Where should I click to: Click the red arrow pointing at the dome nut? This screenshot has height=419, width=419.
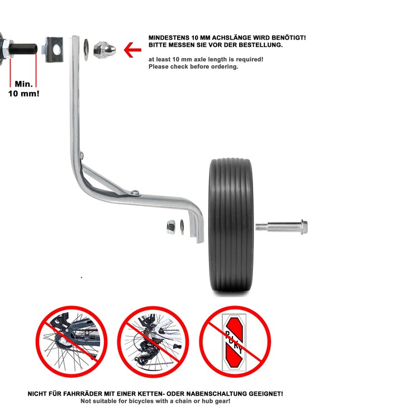pyautogui.click(x=133, y=50)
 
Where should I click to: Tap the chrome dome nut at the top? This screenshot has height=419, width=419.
pyautogui.click(x=104, y=50)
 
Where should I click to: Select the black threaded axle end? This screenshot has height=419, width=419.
pyautogui.click(x=23, y=49)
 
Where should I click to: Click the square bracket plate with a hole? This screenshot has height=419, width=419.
pyautogui.click(x=54, y=50)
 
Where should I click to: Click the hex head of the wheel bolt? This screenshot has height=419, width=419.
pyautogui.click(x=304, y=227)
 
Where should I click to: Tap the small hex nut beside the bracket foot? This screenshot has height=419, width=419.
pyautogui.click(x=171, y=227)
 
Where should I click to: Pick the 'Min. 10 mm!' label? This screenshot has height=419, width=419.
pyautogui.click(x=24, y=89)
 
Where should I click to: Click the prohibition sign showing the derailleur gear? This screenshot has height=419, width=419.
pyautogui.click(x=153, y=342)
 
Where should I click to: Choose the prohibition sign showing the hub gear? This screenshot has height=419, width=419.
pyautogui.click(x=72, y=342)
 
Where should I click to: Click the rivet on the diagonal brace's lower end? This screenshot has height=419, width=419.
pyautogui.click(x=135, y=192)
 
